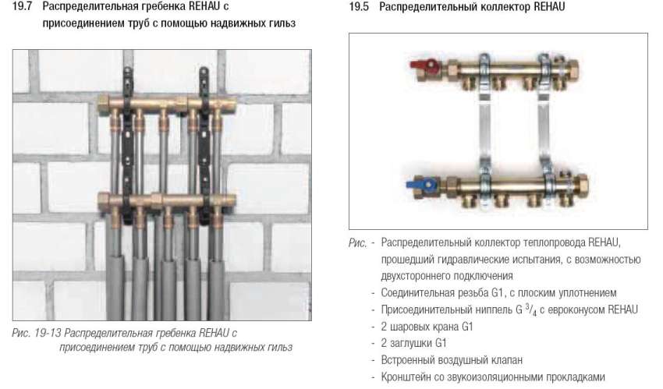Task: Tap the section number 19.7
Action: click(x=23, y=7)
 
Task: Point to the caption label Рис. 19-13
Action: click(x=38, y=334)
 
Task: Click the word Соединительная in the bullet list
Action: click(x=418, y=293)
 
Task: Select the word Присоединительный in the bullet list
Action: click(x=426, y=310)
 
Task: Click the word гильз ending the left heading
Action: click(x=282, y=23)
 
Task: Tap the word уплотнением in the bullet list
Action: click(x=588, y=293)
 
